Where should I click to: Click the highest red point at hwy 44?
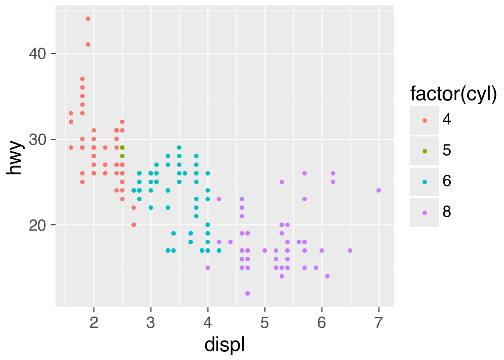tap(88, 19)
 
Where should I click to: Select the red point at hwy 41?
tap(88, 45)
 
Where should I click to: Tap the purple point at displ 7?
tap(378, 190)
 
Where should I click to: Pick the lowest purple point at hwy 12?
tap(247, 293)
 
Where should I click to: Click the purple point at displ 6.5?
tap(350, 250)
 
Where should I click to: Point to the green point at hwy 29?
tap(122, 148)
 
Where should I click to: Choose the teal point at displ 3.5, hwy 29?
tap(179, 147)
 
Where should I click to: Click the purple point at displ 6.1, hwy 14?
tap(327, 276)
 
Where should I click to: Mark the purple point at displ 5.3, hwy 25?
tap(282, 182)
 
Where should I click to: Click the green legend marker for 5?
tap(424, 151)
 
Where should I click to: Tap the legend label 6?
tap(447, 181)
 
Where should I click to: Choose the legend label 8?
tap(447, 212)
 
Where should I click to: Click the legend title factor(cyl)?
tap(453, 94)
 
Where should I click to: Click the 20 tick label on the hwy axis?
tap(37, 225)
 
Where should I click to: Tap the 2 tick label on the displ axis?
tap(94, 322)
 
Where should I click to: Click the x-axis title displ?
tap(225, 344)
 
